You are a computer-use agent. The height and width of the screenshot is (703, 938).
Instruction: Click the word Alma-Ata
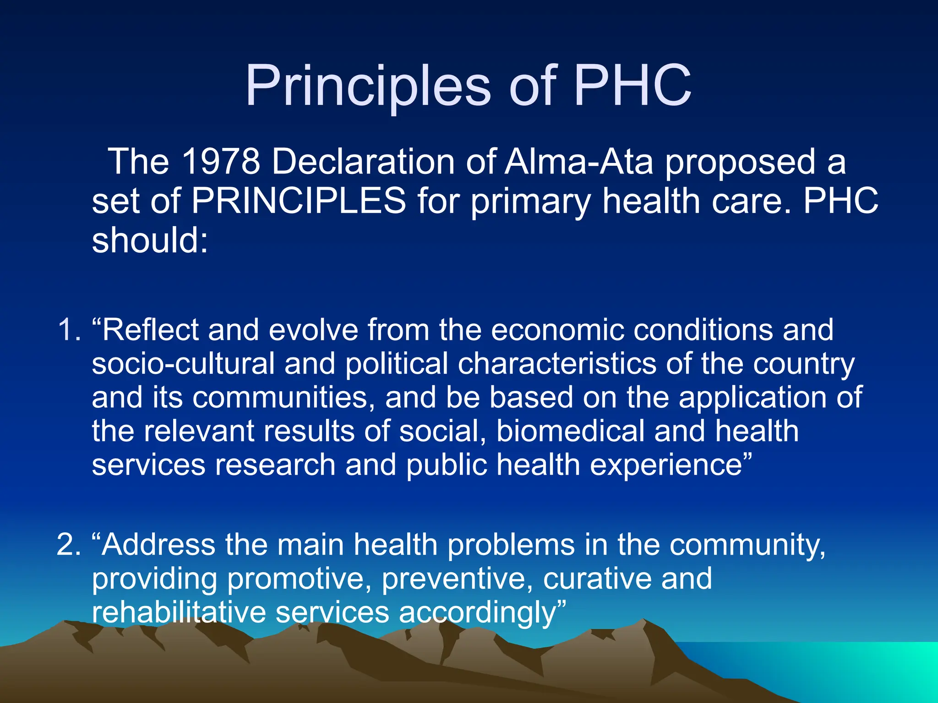578,162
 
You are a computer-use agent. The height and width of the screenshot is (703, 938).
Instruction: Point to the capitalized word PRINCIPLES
299,201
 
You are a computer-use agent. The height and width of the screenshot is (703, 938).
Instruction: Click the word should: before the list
150,241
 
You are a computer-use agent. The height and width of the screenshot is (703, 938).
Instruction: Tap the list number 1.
69,330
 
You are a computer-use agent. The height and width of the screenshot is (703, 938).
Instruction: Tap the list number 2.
69,546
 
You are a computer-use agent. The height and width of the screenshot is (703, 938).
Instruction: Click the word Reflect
150,330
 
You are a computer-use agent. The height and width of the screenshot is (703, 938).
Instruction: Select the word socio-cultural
183,364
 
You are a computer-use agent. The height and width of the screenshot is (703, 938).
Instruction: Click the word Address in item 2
158,546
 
